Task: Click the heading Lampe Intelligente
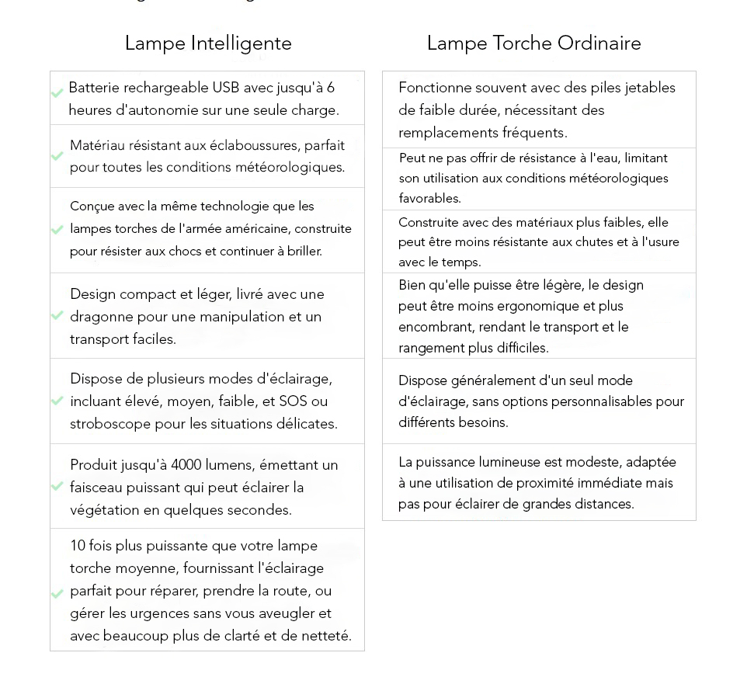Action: point(208,43)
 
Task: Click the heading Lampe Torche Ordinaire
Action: point(533,43)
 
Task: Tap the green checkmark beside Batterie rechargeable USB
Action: point(57,94)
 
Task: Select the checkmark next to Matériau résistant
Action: point(57,156)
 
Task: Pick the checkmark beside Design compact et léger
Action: point(57,315)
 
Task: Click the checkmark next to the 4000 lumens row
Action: point(57,486)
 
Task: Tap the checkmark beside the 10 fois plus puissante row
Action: point(57,594)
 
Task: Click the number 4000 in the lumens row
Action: point(186,465)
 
